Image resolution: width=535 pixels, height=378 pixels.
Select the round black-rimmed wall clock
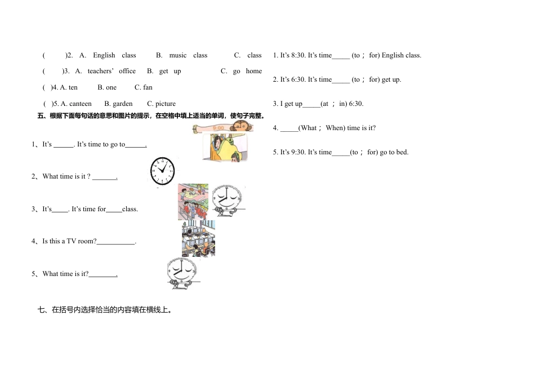162,171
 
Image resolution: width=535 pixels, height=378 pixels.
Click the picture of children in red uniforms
193,201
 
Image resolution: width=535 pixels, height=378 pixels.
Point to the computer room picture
198,238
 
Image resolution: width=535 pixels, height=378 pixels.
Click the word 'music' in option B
178,55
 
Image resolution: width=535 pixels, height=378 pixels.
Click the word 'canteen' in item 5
80,104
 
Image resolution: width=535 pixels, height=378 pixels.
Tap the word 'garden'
123,104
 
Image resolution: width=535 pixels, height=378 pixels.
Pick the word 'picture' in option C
166,104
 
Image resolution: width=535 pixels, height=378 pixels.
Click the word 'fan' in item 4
148,87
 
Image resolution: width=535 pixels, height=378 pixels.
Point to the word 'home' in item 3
254,71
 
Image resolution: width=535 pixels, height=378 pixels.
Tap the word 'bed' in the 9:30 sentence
402,152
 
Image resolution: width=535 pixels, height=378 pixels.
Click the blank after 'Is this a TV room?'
116,242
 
